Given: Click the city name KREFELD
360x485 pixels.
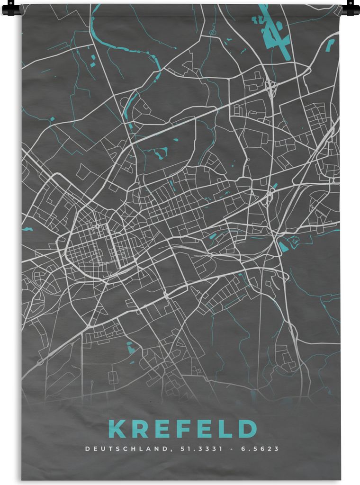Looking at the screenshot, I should pos(183,429).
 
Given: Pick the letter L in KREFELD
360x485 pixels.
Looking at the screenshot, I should pos(226,429).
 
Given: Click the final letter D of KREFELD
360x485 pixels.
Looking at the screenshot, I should pos(247,429).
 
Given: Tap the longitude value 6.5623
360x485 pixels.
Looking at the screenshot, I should pos(261,449).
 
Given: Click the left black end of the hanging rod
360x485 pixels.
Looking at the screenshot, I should pos(10,8).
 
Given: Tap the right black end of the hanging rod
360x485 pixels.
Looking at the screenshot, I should pos(351,8).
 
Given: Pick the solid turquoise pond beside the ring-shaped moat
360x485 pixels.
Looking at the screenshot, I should pos(284,246).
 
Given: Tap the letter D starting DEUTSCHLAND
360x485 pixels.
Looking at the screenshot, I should pos(86,449).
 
